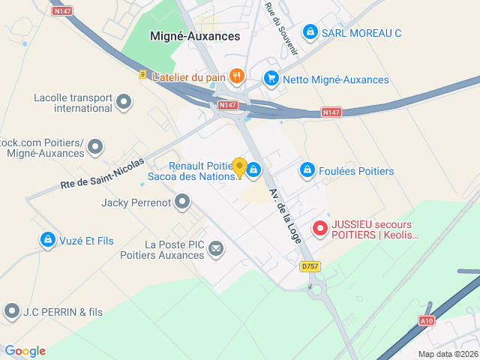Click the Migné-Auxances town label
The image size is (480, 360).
[x=195, y=36]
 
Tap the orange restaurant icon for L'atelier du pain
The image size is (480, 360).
[x=237, y=76]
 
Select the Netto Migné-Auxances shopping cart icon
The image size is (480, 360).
[x=271, y=79]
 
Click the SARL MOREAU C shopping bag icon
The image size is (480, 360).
[x=310, y=32]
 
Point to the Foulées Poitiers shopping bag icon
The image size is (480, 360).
[x=306, y=171]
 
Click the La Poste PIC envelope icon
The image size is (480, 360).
[x=216, y=248]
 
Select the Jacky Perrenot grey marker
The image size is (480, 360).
[x=182, y=202]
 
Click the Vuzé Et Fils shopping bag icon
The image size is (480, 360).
[x=47, y=240]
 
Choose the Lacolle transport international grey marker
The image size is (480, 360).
[x=124, y=101]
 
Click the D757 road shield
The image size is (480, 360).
[x=309, y=266]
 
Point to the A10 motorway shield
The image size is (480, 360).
[x=426, y=321]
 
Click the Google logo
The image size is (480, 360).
[x=25, y=351]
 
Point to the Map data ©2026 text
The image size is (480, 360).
[x=447, y=354]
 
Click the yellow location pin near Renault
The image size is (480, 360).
[x=239, y=167]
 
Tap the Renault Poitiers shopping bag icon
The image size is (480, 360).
[x=254, y=170]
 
